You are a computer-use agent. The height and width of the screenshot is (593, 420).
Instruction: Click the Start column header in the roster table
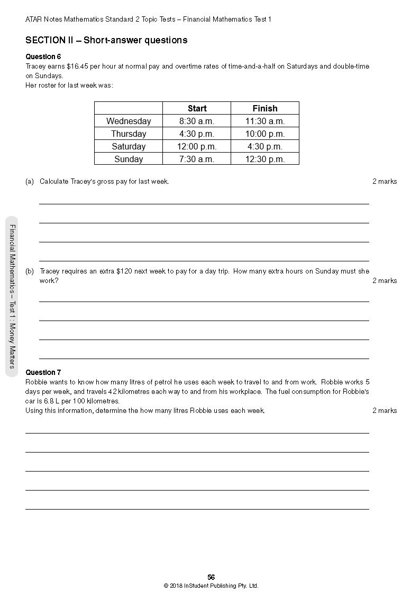pyautogui.click(x=197, y=108)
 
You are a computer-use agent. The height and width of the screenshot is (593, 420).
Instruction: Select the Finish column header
pyautogui.click(x=264, y=108)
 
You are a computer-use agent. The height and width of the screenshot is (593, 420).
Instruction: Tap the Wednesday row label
pyautogui.click(x=129, y=121)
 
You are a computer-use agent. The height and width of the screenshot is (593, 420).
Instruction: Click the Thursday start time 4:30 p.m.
pyautogui.click(x=197, y=134)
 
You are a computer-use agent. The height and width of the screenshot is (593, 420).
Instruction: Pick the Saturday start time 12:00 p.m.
pyautogui.click(x=197, y=146)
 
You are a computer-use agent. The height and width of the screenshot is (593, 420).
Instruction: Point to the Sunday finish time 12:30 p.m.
pyautogui.click(x=264, y=159)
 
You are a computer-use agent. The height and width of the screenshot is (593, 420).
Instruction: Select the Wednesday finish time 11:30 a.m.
pyautogui.click(x=264, y=121)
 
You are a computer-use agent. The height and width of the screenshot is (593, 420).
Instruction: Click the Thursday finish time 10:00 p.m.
pyautogui.click(x=264, y=134)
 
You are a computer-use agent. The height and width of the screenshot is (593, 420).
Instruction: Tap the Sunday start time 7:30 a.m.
pyautogui.click(x=197, y=159)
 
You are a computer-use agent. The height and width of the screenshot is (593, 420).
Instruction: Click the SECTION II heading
pyautogui.click(x=106, y=40)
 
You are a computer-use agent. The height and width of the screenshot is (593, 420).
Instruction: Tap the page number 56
pyautogui.click(x=211, y=577)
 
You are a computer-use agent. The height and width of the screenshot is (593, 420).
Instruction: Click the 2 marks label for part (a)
pyautogui.click(x=385, y=181)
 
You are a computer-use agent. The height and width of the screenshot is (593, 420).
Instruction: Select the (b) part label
pyautogui.click(x=30, y=271)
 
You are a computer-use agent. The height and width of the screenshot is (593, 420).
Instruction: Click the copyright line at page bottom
pyautogui.click(x=211, y=586)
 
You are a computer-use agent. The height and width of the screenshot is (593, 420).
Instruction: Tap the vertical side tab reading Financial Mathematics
pyautogui.click(x=12, y=296)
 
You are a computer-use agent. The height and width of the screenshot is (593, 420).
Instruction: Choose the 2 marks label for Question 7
pyautogui.click(x=385, y=410)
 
